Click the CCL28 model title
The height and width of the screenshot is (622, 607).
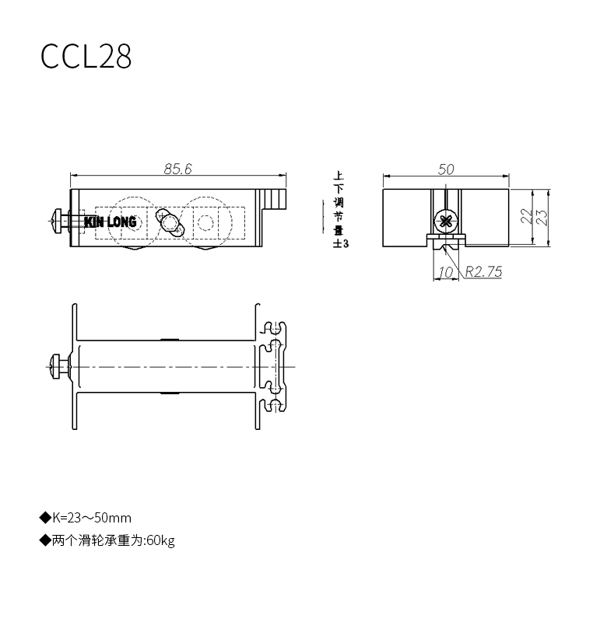point(86,56)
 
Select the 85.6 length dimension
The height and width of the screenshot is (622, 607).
point(178,169)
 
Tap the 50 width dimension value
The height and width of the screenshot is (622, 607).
point(446,169)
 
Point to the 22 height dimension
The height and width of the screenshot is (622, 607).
point(526,217)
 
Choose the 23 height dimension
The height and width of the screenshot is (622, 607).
point(542,217)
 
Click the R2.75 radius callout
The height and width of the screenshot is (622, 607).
point(483,271)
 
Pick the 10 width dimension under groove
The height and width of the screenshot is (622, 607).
point(445,272)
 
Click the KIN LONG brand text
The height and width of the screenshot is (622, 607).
point(111,222)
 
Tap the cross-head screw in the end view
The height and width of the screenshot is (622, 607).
point(446,220)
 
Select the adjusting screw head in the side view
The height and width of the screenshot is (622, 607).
point(57,221)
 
